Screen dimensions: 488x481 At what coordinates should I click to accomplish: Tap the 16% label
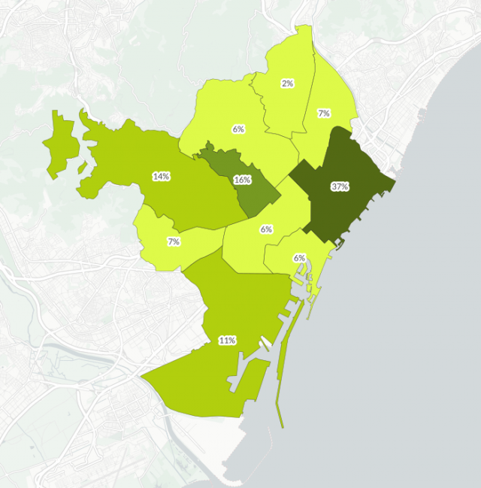click(242, 180)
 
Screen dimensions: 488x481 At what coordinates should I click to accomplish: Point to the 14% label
click(161, 177)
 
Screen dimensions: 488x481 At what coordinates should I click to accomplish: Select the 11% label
click(227, 340)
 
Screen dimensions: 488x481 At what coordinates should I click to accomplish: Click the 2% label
click(287, 83)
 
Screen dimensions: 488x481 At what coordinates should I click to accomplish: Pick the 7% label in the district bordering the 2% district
click(324, 114)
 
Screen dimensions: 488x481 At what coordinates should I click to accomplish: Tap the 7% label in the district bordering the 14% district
click(174, 241)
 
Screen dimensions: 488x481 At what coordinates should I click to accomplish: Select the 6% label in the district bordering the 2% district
click(238, 129)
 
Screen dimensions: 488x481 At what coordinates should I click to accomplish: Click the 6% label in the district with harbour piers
click(300, 258)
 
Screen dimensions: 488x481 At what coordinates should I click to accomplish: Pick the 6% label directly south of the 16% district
click(266, 229)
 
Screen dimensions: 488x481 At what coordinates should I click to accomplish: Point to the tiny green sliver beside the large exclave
click(82, 168)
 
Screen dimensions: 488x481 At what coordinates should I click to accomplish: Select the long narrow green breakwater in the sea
click(280, 399)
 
